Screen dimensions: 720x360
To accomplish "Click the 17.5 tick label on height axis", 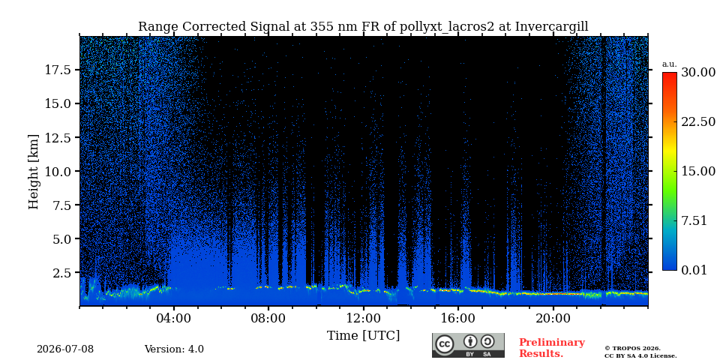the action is (x=58, y=70).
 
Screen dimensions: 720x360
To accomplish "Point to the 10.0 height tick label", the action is (x=58, y=171).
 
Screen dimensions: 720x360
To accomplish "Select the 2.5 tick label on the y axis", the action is (x=63, y=273).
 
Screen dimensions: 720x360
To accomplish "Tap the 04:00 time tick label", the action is (x=174, y=318).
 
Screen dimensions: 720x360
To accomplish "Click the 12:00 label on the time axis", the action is (x=364, y=318).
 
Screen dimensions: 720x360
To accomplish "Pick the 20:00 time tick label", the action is (x=553, y=318).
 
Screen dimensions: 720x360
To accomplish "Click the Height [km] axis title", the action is (x=34, y=172).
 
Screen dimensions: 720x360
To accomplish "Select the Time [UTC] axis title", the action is (x=363, y=336).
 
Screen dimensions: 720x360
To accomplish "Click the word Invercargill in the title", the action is (x=551, y=27).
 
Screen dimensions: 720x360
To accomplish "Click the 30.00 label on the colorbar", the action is (x=698, y=73).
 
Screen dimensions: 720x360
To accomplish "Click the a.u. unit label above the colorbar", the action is (x=670, y=64).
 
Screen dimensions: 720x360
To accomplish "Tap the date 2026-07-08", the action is (x=65, y=349).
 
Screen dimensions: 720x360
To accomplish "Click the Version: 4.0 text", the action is (x=174, y=349).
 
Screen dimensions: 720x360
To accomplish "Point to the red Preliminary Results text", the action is (x=552, y=348).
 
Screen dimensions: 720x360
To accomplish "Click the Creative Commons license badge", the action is (x=468, y=345).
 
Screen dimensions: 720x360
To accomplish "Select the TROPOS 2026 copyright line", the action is (x=632, y=349).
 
